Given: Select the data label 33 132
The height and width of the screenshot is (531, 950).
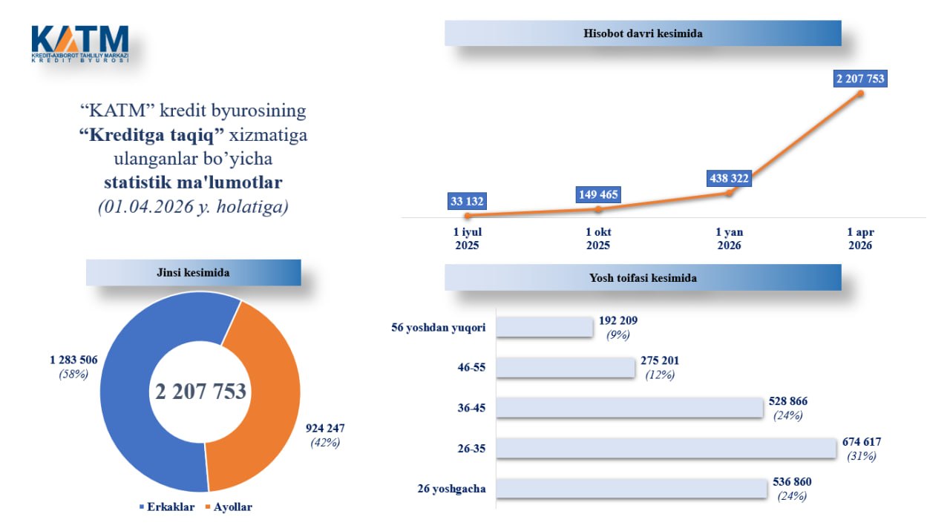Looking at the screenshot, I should click(x=468, y=201).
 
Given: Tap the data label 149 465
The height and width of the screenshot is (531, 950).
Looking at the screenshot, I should click(x=598, y=195).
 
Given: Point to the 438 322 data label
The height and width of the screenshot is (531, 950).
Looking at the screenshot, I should click(x=728, y=179).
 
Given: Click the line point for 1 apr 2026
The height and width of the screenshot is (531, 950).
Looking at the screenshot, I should click(x=861, y=93).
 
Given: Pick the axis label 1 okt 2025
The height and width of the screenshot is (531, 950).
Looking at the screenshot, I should click(x=598, y=239).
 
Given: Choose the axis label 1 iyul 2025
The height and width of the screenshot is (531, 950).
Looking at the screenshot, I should click(x=468, y=239).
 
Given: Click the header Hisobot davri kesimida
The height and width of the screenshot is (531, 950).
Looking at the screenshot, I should click(x=643, y=33).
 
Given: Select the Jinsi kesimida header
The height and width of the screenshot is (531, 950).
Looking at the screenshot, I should click(x=194, y=272).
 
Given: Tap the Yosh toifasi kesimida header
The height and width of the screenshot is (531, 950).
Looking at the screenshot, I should click(x=643, y=278).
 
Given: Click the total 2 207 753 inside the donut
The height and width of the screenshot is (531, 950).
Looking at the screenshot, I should click(x=200, y=392).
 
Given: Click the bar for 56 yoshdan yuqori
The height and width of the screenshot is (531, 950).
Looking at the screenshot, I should click(x=544, y=327).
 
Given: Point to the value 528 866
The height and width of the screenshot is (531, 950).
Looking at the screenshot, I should click(x=788, y=401).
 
